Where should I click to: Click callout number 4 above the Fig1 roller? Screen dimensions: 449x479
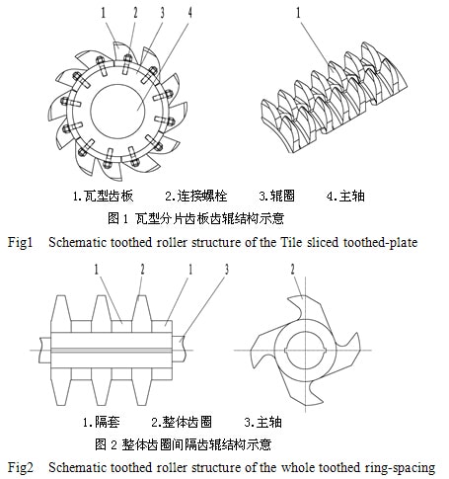click(189, 12)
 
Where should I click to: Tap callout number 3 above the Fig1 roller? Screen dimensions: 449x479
click(162, 12)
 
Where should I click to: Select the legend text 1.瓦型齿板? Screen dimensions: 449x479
click(103, 196)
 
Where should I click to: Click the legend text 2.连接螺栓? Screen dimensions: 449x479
click(196, 196)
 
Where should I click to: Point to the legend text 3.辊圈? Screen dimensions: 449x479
click(276, 196)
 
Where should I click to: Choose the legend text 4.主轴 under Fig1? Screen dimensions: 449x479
click(345, 196)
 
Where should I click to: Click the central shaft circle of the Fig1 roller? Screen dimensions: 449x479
click(117, 112)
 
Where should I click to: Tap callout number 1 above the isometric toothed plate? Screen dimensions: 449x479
click(298, 13)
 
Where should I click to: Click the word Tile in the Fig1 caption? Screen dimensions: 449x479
click(291, 242)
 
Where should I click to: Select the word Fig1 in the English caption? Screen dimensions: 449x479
click(21, 243)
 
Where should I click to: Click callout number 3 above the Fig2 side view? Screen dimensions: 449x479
click(226, 269)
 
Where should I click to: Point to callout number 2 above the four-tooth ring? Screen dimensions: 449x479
click(292, 269)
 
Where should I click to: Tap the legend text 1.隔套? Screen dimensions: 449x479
click(101, 422)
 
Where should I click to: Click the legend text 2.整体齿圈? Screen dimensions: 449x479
click(182, 422)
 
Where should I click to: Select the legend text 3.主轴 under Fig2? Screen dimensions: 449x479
click(262, 422)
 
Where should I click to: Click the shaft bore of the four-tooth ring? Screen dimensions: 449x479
click(306, 351)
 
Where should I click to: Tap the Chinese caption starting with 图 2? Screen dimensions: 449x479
click(183, 444)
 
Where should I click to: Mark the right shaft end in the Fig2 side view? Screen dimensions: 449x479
click(180, 350)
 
